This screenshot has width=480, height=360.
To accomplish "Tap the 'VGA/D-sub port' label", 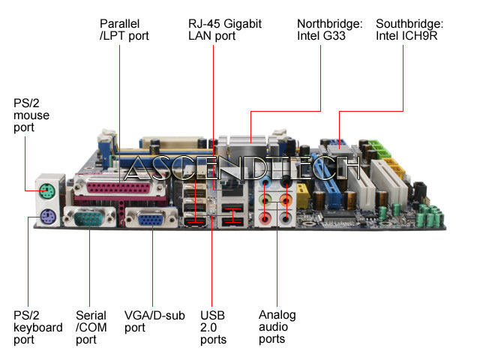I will coord(154,322).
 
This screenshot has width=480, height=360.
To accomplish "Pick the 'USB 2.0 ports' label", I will coord(213,328).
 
